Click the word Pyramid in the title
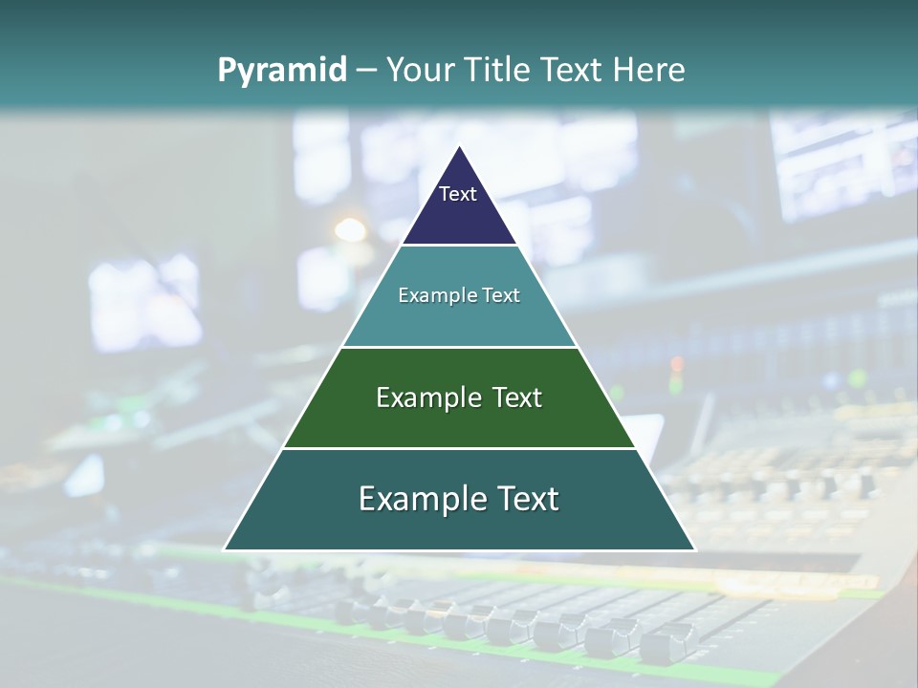[281, 71]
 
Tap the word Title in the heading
[500, 71]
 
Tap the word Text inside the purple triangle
[458, 194]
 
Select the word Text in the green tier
[515, 398]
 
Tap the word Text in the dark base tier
[525, 499]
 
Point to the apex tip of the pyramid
[460, 148]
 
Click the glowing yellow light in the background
[350, 229]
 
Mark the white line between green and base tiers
[459, 448]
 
